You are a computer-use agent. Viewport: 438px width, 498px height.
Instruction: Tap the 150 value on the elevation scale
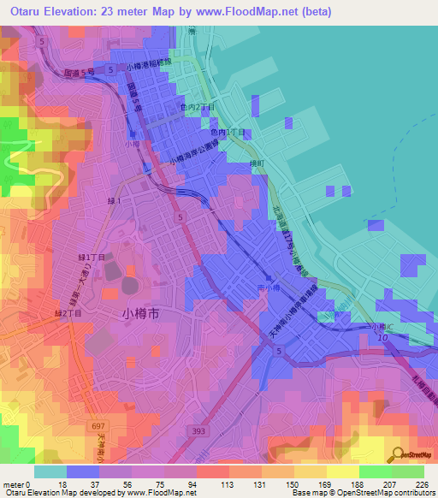293,485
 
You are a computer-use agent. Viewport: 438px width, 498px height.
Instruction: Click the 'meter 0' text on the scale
18,485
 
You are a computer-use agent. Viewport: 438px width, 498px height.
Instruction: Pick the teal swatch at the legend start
50,471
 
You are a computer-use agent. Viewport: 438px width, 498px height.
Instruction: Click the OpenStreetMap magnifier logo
395,454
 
